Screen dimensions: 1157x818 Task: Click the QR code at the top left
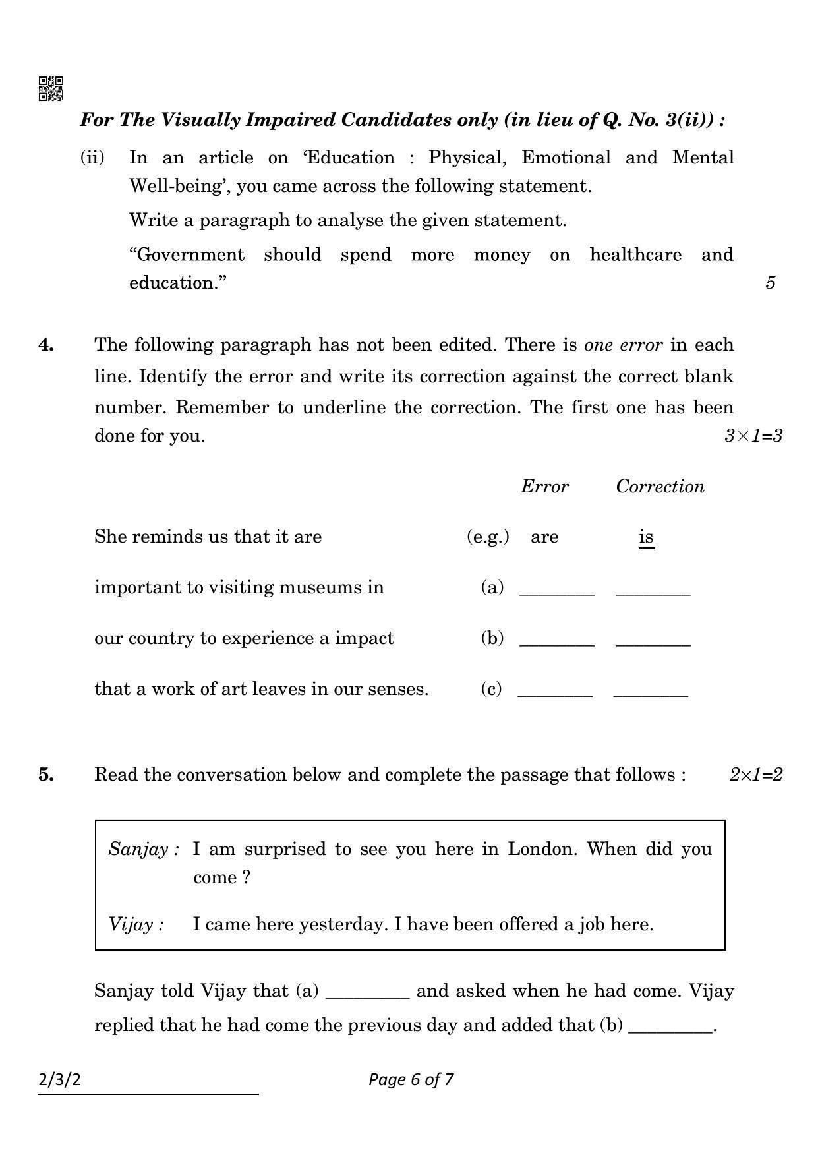pos(51,88)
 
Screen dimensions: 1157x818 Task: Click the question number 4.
pos(46,345)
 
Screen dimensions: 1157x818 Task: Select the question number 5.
pos(46,775)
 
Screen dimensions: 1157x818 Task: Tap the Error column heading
pos(544,487)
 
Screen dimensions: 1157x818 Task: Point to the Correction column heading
pos(660,487)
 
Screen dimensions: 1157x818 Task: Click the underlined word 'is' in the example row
pos(646,537)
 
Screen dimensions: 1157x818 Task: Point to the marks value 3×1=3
pos(753,436)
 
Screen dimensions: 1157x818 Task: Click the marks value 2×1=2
pos(755,775)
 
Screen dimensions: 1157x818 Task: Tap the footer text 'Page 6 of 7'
pos(411,1079)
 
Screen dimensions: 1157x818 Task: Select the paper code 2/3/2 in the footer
pos(60,1080)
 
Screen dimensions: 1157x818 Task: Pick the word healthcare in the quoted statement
pos(635,255)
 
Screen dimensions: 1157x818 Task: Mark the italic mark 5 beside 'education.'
pos(770,283)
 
